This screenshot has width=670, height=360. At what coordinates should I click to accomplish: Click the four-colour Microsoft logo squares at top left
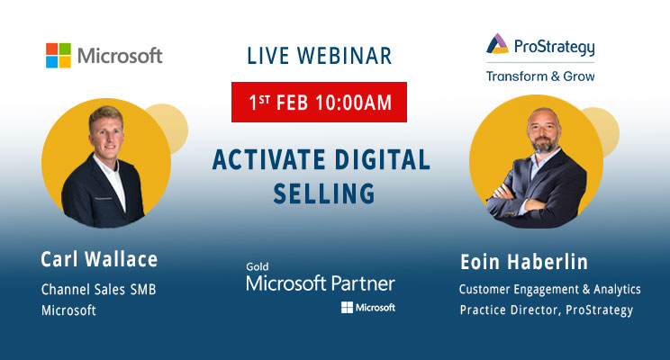tap(59, 55)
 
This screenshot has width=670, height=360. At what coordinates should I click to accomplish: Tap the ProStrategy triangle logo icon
tap(498, 43)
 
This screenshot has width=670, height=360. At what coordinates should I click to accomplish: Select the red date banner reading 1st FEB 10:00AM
tap(320, 103)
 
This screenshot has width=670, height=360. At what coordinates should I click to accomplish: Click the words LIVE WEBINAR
tap(320, 56)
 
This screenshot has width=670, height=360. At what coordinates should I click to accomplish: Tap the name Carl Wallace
tap(99, 260)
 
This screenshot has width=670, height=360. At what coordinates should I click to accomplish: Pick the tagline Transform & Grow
tap(540, 76)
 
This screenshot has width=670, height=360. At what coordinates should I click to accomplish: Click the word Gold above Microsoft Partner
tap(258, 267)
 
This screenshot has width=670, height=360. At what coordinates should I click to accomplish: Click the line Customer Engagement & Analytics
tap(549, 290)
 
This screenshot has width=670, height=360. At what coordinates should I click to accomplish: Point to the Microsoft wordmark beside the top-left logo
tap(120, 55)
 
